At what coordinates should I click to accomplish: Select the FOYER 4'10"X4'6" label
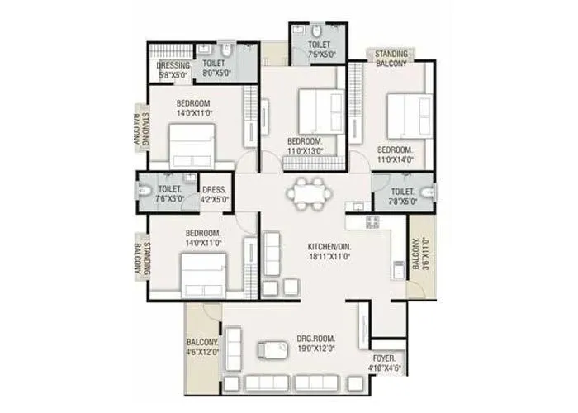(x=384, y=363)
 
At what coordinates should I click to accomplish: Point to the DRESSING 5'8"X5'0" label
(x=174, y=70)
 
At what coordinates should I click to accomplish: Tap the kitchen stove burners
(x=372, y=221)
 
